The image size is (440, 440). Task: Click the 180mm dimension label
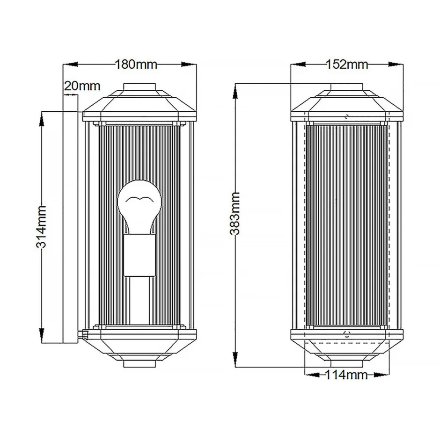pos(136,64)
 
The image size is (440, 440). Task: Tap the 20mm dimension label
pos(82,86)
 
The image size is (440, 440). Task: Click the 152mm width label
pos(347,65)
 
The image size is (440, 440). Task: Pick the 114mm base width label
pos(347,374)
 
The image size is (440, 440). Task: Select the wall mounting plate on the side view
pos(70,227)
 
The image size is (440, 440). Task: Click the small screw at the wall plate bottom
pos(85,334)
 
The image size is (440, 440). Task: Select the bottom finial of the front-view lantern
pos(347,363)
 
